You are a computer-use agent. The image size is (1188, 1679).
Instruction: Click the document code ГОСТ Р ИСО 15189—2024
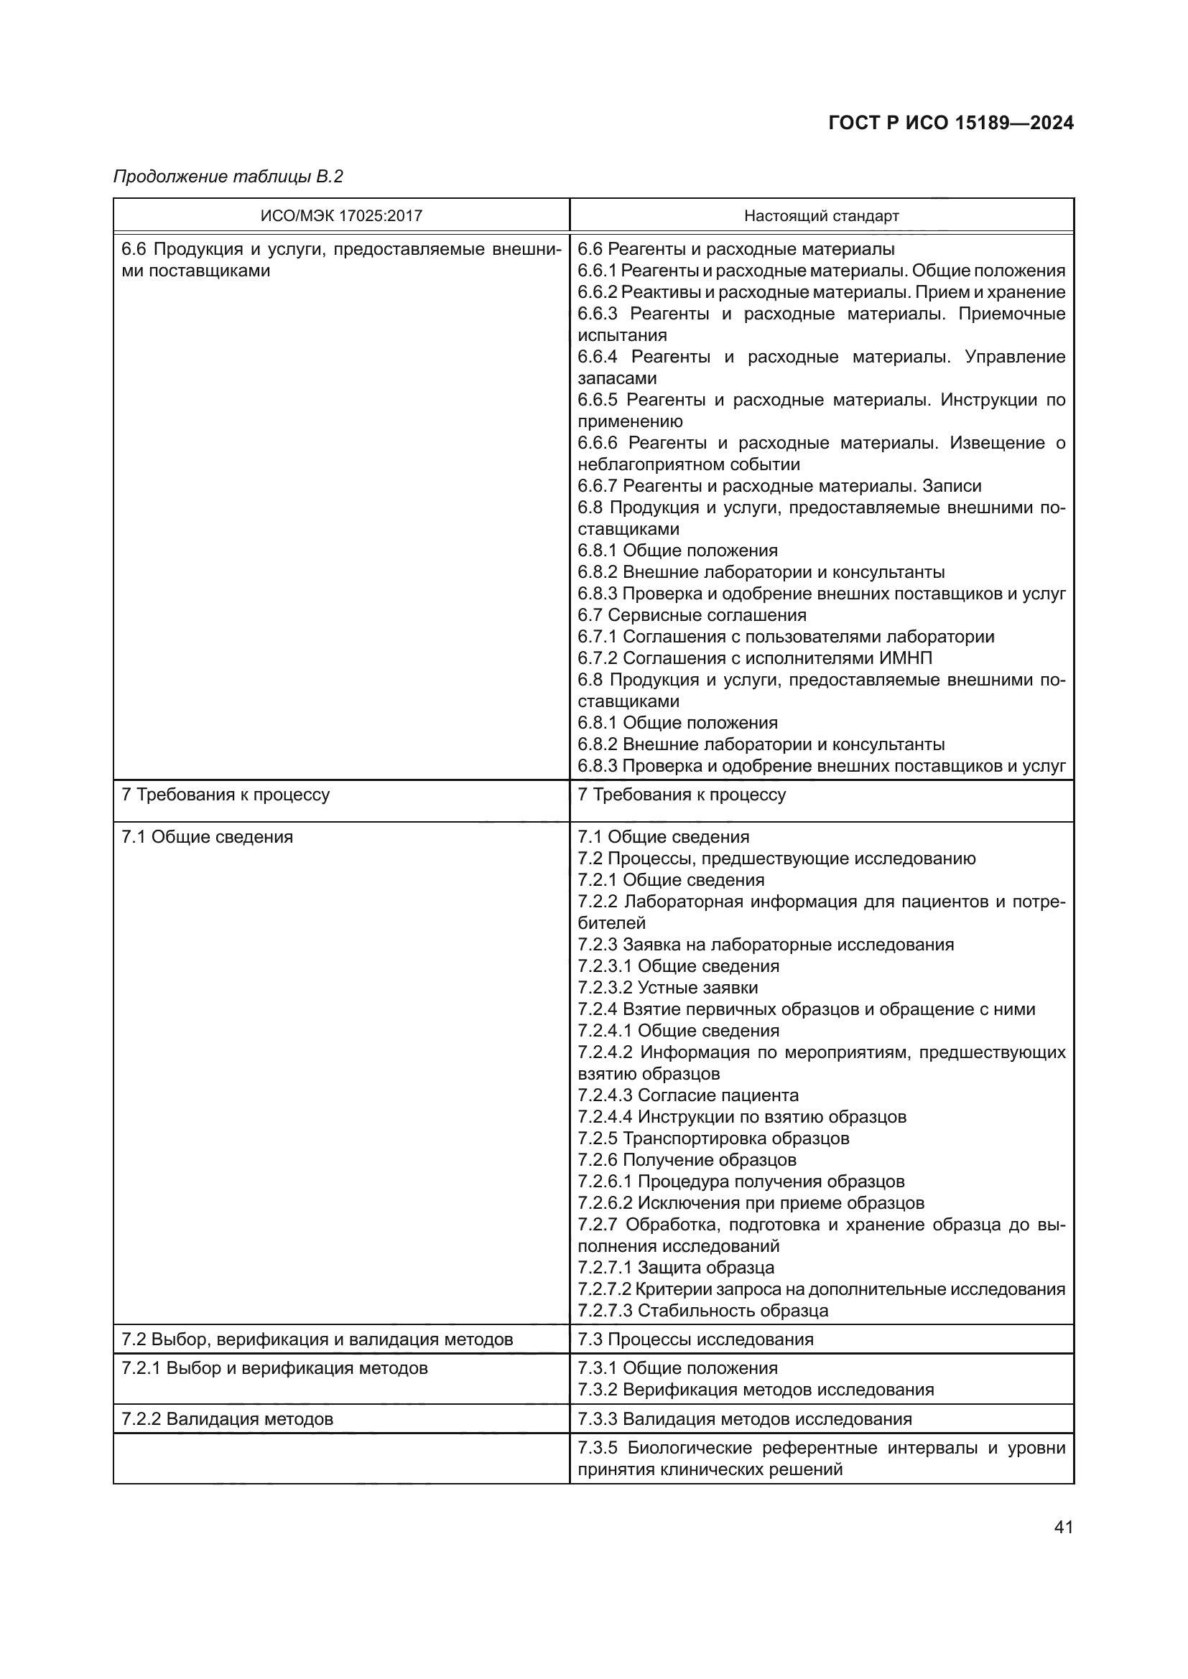[x=950, y=123]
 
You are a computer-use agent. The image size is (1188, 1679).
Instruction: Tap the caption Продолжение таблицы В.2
[x=228, y=177]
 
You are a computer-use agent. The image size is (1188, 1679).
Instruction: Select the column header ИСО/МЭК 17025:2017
[x=341, y=216]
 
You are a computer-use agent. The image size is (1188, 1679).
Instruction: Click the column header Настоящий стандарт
[x=821, y=216]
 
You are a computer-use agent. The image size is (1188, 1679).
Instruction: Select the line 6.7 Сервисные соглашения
[x=692, y=615]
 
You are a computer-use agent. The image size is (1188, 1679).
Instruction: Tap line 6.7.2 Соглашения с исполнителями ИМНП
[x=754, y=658]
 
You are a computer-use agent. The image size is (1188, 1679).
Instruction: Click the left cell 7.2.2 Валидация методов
[x=228, y=1419]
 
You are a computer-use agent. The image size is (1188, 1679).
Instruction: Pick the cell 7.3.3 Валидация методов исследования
[x=745, y=1419]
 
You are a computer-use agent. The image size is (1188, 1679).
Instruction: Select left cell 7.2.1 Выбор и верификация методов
[x=274, y=1368]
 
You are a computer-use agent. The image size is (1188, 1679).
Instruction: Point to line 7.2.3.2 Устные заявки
[x=667, y=988]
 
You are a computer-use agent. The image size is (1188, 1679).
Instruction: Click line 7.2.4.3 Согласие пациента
[x=687, y=1095]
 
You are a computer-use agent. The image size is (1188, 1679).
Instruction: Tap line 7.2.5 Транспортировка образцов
[x=713, y=1138]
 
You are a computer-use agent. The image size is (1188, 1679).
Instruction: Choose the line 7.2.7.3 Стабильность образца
[x=702, y=1311]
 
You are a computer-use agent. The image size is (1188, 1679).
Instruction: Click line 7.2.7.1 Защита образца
[x=676, y=1268]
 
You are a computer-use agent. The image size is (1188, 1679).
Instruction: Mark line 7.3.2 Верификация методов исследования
[x=756, y=1390]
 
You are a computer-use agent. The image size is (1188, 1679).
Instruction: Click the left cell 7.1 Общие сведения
[x=207, y=837]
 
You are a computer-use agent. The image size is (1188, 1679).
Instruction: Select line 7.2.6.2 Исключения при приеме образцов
[x=751, y=1203]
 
